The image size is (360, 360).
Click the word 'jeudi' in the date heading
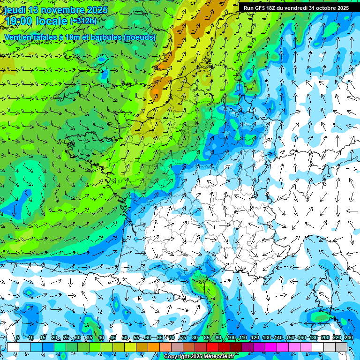(15, 10)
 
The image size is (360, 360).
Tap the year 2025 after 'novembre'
(97, 10)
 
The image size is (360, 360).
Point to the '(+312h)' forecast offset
(83, 21)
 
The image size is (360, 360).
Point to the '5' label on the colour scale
(18, 337)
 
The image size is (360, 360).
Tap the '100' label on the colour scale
(231, 337)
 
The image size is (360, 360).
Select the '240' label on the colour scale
(348, 337)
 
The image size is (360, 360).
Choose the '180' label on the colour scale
(313, 337)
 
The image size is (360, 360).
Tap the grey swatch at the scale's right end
(341, 347)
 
